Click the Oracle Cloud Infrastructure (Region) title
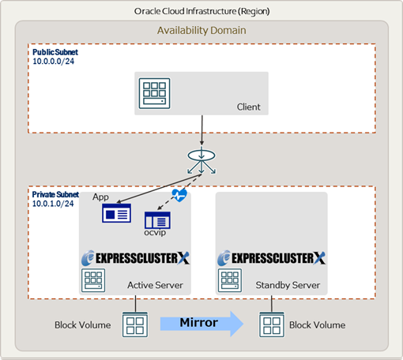[x=201, y=11]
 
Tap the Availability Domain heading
[x=201, y=31]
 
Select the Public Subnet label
[x=55, y=52]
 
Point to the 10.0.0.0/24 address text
[x=53, y=62]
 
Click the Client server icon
[x=154, y=93]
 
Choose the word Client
[x=248, y=107]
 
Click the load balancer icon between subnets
[x=201, y=160]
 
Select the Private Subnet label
[x=55, y=194]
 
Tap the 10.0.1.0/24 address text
[x=53, y=204]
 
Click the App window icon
[x=116, y=213]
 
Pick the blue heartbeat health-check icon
[x=179, y=195]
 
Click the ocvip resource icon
[x=157, y=220]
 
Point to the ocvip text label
[x=155, y=233]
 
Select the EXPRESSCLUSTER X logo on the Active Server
[x=135, y=258]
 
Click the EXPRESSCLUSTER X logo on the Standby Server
[x=271, y=258]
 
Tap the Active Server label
[x=155, y=285]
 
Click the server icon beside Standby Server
[x=230, y=280]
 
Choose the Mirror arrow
[x=201, y=324]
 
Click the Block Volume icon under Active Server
[x=135, y=324]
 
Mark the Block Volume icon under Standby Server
[x=272, y=324]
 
